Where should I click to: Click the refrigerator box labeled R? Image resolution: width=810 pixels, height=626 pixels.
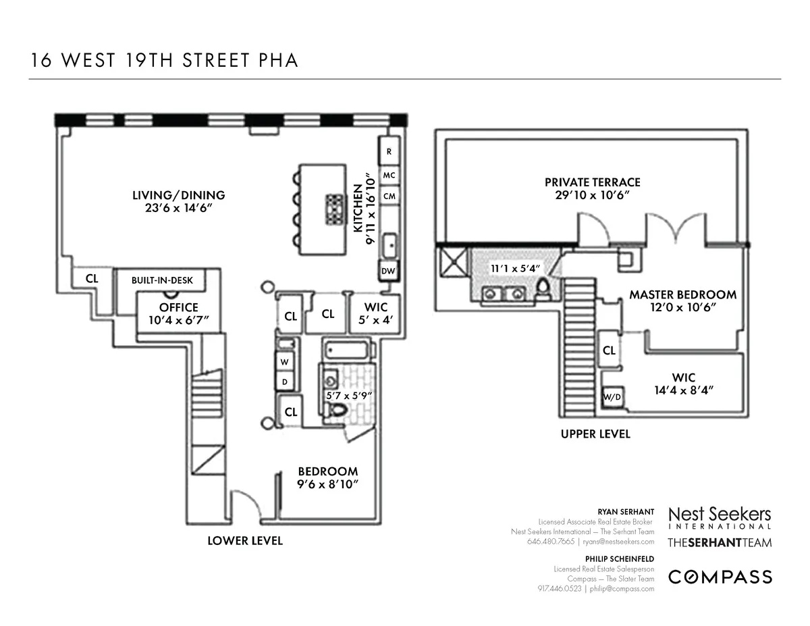click(389, 152)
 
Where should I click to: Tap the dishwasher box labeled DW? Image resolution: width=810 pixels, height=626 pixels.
click(388, 271)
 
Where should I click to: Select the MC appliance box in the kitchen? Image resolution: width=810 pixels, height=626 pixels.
click(389, 175)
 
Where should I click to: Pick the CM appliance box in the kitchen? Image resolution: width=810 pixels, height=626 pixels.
click(389, 196)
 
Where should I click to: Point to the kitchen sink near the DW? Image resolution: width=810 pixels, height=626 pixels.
click(388, 245)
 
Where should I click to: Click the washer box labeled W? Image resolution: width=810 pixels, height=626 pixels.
click(284, 361)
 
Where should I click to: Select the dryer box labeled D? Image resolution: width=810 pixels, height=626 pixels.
click(284, 382)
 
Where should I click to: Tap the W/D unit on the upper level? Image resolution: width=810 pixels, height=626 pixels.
click(612, 398)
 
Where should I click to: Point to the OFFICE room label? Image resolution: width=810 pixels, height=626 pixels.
click(178, 307)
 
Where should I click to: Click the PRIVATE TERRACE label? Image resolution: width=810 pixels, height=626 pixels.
click(592, 182)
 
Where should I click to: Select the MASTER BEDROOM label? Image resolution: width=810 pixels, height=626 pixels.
click(682, 294)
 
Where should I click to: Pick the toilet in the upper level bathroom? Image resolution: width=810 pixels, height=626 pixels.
click(542, 292)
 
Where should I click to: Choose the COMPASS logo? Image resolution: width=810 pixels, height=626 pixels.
click(720, 576)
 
